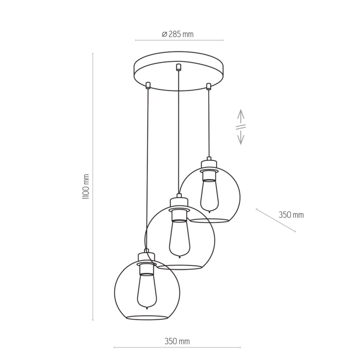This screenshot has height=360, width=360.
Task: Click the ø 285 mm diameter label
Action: [x=178, y=34]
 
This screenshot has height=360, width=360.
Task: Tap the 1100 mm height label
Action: [x=86, y=187]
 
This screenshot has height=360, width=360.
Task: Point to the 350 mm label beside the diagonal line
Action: [x=291, y=215]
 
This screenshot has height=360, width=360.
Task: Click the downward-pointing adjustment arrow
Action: [x=241, y=137]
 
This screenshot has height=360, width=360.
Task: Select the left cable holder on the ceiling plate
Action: [x=148, y=85]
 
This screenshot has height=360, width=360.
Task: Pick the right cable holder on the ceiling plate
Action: [x=208, y=86]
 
